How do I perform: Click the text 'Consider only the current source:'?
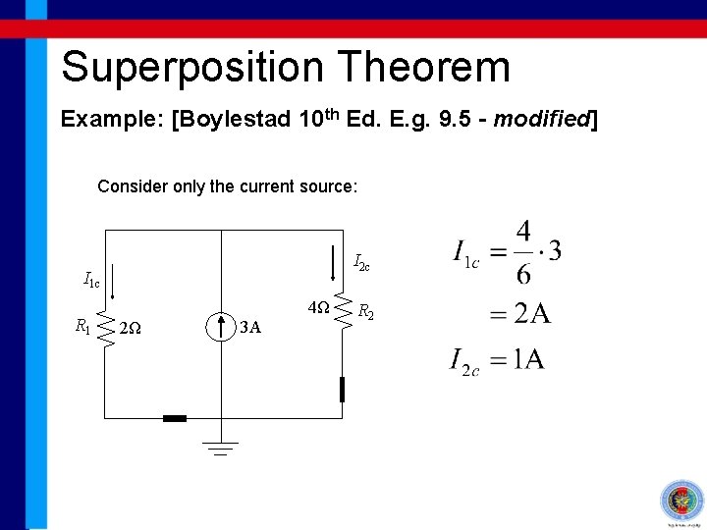[228, 185]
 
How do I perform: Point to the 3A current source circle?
[221, 326]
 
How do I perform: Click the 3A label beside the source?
[250, 328]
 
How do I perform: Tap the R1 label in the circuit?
[83, 326]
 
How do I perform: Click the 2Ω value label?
[130, 329]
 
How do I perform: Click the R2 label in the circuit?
[364, 312]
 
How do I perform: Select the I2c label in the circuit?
[361, 262]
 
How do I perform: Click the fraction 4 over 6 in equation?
[523, 249]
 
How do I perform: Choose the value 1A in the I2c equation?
[526, 359]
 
